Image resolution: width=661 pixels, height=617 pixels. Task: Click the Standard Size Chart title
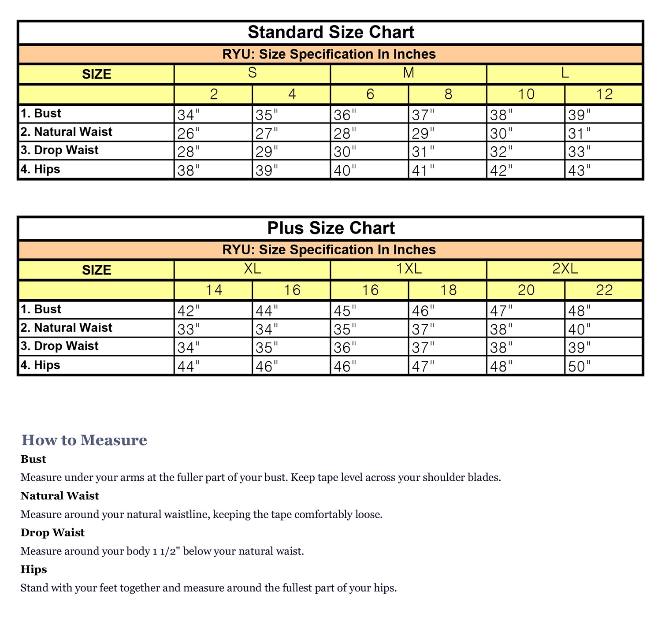331,33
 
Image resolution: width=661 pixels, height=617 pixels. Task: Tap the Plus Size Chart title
331,228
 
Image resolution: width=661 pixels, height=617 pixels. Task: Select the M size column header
408,73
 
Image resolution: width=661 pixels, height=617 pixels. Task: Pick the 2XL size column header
565,268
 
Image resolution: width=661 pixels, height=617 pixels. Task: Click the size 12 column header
604,94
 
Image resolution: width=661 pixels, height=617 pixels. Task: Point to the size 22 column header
604,290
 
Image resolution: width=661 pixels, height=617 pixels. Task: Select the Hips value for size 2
189,171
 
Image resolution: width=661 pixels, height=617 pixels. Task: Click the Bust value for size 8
423,115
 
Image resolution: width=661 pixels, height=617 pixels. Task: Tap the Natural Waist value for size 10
501,134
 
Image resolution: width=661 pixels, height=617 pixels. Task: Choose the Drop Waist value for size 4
267,152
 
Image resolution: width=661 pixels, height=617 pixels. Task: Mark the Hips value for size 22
579,366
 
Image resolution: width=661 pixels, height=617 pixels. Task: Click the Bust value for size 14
189,311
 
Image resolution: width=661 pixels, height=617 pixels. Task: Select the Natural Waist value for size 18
423,329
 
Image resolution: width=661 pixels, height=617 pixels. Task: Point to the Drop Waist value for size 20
501,348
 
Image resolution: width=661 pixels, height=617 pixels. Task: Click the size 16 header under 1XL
370,290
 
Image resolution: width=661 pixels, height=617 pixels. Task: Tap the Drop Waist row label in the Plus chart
60,346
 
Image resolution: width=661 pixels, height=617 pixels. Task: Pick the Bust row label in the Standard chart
41,113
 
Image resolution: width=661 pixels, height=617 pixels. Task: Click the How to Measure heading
84,440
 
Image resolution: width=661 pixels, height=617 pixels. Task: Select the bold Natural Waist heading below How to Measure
60,496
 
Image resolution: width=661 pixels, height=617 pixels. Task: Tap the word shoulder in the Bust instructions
441,477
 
